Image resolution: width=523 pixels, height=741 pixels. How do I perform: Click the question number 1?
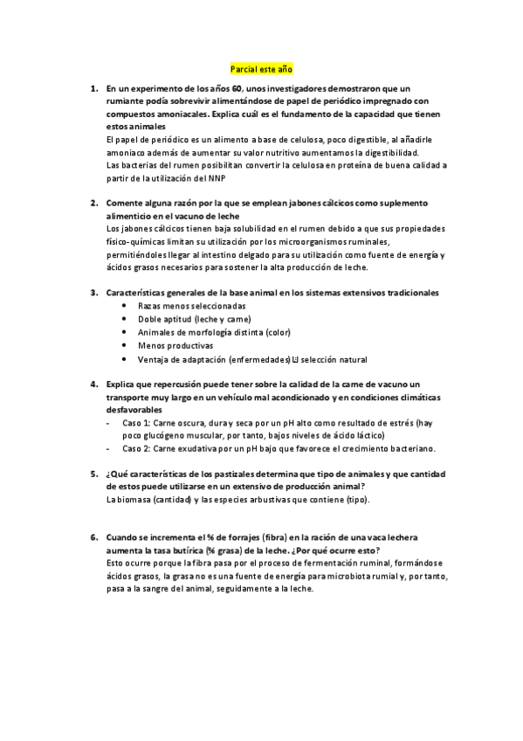coord(93,89)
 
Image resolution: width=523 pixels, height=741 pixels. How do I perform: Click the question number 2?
coord(93,203)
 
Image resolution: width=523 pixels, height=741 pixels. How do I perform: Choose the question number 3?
coord(93,292)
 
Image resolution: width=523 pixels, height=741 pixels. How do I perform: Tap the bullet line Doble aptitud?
coord(181,319)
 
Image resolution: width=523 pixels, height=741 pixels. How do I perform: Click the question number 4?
coord(93,384)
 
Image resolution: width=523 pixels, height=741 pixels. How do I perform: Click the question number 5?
coord(93,474)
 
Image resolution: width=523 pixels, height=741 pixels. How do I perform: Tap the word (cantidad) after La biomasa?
coord(166,499)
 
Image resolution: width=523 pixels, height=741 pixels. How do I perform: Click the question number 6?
coord(93,538)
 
